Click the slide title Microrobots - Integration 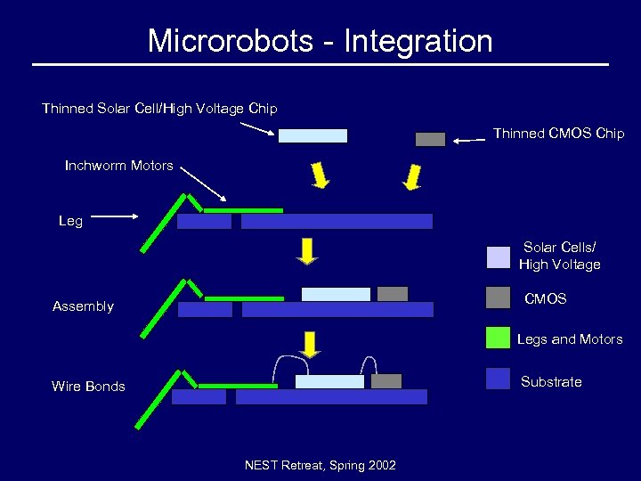pos(320,41)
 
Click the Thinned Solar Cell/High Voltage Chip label pos(159,109)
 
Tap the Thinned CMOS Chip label pos(558,134)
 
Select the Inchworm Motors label pos(119,166)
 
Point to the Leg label pos(70,221)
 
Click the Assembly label pos(83,306)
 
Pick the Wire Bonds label pos(88,387)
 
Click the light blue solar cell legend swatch pos(499,257)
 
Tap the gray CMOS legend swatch pos(499,298)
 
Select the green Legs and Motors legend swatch pos(499,338)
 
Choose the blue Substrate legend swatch pos(499,379)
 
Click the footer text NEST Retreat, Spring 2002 pos(320,465)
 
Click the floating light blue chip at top pos(312,135)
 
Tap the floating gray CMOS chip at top pos(430,139)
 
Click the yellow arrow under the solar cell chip pos(320,175)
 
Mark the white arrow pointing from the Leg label pos(112,216)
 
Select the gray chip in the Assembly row pos(393,294)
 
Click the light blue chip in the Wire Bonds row pos(329,381)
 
